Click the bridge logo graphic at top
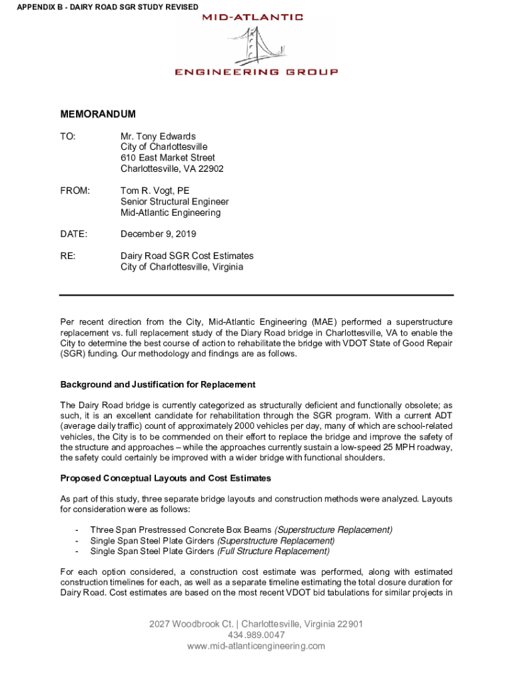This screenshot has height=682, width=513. [x=256, y=44]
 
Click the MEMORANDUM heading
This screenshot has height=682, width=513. [x=98, y=115]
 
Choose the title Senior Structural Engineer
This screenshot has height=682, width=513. [x=175, y=202]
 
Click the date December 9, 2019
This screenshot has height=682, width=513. [x=158, y=234]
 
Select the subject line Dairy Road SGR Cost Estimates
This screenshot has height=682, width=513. [x=187, y=256]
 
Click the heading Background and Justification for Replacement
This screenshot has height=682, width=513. [x=158, y=385]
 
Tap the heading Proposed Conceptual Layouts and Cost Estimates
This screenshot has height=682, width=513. [x=166, y=478]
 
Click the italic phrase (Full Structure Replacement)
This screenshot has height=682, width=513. [x=272, y=551]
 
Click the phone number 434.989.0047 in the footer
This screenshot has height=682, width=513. [x=256, y=635]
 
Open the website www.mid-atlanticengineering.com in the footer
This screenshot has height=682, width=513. [x=256, y=646]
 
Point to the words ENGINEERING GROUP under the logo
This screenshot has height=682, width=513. [x=256, y=72]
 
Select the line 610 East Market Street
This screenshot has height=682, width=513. [x=168, y=158]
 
